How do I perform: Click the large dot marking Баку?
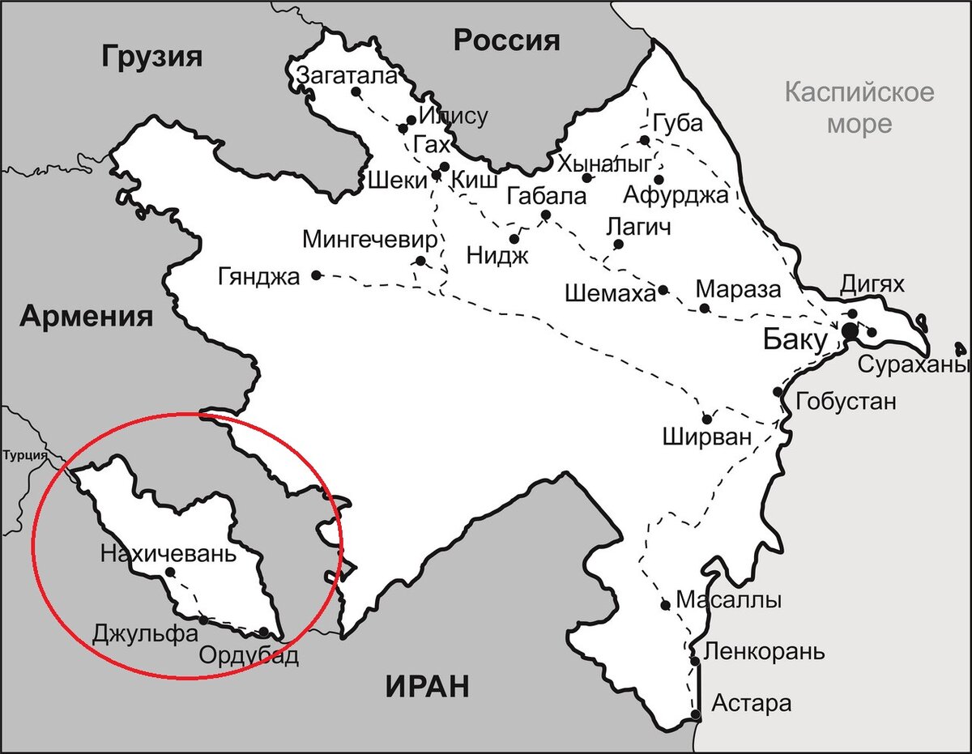pos(850,330)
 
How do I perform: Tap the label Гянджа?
pos(258,276)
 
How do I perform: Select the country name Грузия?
pos(151,57)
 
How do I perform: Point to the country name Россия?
pos(506,40)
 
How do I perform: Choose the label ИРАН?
pos(427,687)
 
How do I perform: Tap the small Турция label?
pos(24,455)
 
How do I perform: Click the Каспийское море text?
pos(859,108)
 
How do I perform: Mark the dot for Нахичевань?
pos(169,572)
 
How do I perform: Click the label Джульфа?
pos(145,632)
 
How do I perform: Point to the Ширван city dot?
pos(707,420)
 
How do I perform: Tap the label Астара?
pos(751,703)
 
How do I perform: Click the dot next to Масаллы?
pos(665,604)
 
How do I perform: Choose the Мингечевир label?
pos(369,240)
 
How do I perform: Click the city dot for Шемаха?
pos(663,290)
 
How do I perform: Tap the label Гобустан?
pos(846,401)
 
